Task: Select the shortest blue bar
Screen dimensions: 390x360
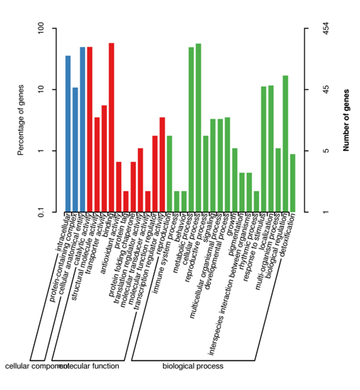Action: (x=75, y=149)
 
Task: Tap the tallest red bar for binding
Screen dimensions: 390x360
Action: (x=111, y=127)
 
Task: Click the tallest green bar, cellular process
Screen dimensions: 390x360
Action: (x=198, y=128)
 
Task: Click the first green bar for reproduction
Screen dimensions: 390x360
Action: (x=169, y=173)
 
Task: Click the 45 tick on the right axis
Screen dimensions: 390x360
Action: (x=317, y=90)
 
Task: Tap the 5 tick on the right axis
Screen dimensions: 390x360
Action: (x=317, y=151)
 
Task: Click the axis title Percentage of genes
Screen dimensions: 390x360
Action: (x=21, y=120)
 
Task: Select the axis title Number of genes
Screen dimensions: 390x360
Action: (x=346, y=120)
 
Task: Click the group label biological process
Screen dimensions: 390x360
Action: (x=193, y=367)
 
